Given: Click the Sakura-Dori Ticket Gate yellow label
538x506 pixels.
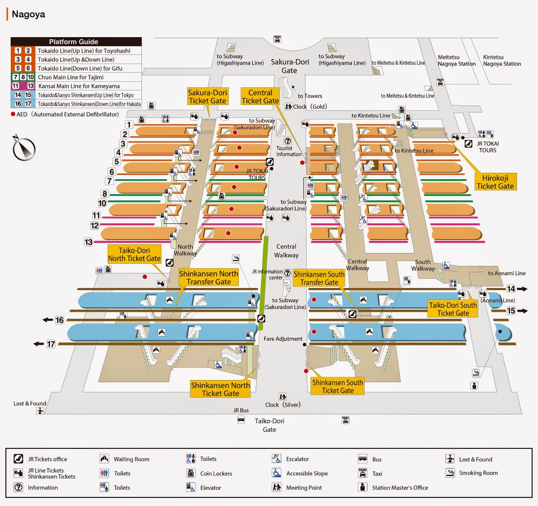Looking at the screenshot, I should (x=207, y=96).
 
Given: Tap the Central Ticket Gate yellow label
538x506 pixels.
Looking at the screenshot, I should (x=260, y=96).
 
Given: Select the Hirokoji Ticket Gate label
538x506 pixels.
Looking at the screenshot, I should (x=495, y=182).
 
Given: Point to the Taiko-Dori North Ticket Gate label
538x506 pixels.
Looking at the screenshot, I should (x=134, y=254).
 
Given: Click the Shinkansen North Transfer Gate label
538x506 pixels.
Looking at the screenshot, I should (x=209, y=278).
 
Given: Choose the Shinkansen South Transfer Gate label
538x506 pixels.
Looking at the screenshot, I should (x=319, y=278).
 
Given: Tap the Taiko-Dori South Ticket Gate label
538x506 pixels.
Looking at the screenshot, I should (x=453, y=309).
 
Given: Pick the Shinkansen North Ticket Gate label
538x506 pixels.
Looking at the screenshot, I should (x=220, y=389).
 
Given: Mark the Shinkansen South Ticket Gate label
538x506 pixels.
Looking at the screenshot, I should (x=337, y=386).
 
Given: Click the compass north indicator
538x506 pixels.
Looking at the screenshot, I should (x=24, y=149).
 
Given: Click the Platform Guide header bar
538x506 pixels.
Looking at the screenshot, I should (x=76, y=41).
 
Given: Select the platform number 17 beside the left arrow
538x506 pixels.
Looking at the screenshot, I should (x=51, y=344).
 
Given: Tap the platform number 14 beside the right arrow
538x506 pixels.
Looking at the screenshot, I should (x=511, y=289).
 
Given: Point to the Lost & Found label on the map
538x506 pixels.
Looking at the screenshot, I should (x=30, y=404).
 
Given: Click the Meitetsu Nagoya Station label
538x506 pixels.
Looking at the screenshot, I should (x=457, y=60).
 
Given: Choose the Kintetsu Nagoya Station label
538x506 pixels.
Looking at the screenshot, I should (x=502, y=60).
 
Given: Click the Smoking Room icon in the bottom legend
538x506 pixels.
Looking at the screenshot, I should (x=450, y=473).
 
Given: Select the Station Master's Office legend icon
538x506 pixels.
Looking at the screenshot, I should (x=363, y=488).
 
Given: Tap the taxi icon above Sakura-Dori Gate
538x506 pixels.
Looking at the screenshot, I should (x=278, y=39).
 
